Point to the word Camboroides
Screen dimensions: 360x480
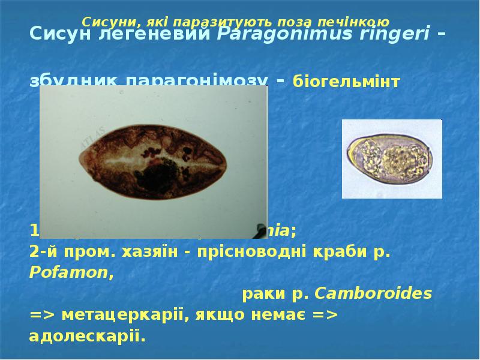tap(373, 294)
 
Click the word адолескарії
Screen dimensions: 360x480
tap(86, 336)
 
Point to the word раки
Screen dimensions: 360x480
tap(262, 294)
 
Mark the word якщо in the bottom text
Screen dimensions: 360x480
tap(224, 315)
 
